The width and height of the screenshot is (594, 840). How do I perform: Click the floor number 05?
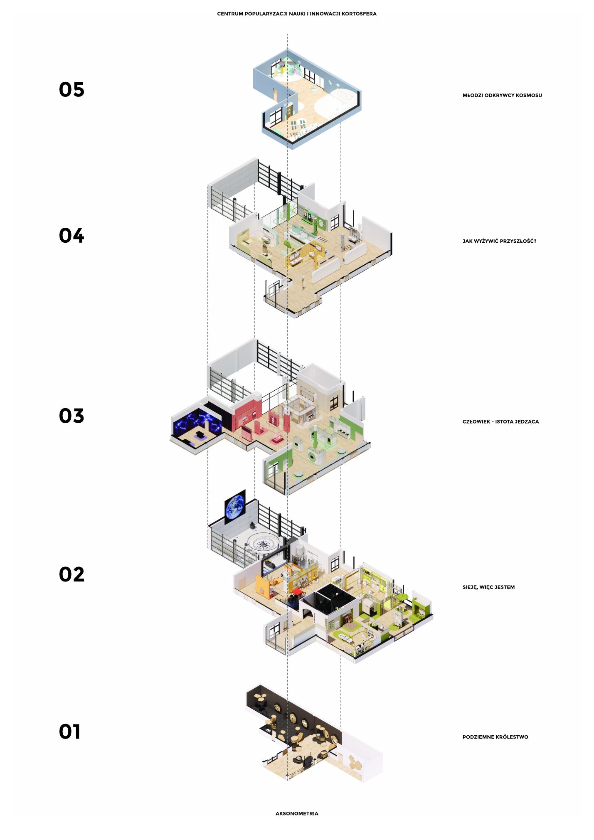coord(71,90)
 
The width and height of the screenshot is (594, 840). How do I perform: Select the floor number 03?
coord(71,416)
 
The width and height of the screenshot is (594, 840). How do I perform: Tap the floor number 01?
coord(69,732)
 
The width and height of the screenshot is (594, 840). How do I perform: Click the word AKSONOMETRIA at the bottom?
coord(297,813)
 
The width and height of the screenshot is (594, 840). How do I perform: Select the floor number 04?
coord(71,236)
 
